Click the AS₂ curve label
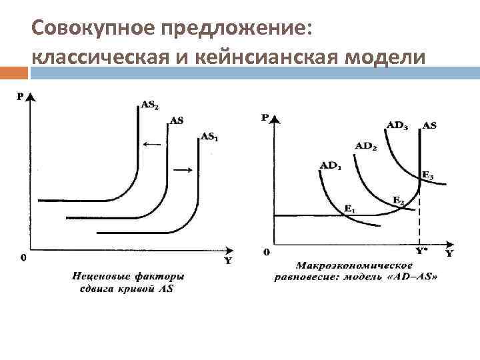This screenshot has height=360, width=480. (x=149, y=105)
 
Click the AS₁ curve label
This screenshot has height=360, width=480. (x=209, y=137)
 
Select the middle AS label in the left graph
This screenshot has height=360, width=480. (x=177, y=121)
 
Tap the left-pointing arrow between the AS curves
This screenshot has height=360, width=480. (x=151, y=143)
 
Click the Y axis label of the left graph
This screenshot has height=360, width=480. (x=227, y=261)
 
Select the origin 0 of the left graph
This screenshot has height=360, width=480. (x=23, y=257)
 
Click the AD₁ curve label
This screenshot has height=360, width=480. (x=330, y=165)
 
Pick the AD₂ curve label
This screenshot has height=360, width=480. (x=365, y=146)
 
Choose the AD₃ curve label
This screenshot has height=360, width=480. (x=397, y=125)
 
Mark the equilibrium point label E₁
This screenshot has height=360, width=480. (x=349, y=209)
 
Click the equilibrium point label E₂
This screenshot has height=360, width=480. (x=398, y=200)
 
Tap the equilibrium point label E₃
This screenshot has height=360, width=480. (x=427, y=176)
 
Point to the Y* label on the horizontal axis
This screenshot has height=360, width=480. (x=421, y=251)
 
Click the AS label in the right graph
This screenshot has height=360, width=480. (x=429, y=125)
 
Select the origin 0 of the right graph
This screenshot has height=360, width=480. (x=267, y=253)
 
